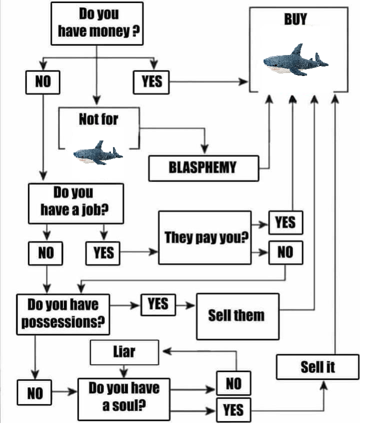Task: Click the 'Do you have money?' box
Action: (96, 23)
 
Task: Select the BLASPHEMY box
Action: (204, 168)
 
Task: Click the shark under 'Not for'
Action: (97, 153)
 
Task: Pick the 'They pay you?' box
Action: (205, 237)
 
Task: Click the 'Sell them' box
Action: (237, 316)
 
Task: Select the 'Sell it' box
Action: (317, 367)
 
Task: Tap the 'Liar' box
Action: (124, 352)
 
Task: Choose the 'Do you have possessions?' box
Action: (63, 313)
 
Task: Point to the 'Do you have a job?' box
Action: (75, 202)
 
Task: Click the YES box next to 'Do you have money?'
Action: (151, 81)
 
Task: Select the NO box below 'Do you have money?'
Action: (43, 81)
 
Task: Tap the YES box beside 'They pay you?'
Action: (285, 222)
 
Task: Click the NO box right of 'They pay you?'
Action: (285, 252)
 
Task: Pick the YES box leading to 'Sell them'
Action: (158, 304)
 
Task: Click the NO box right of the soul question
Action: (233, 383)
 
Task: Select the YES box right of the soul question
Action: (233, 410)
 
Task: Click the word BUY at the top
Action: (295, 20)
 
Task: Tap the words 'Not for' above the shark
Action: (98, 119)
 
